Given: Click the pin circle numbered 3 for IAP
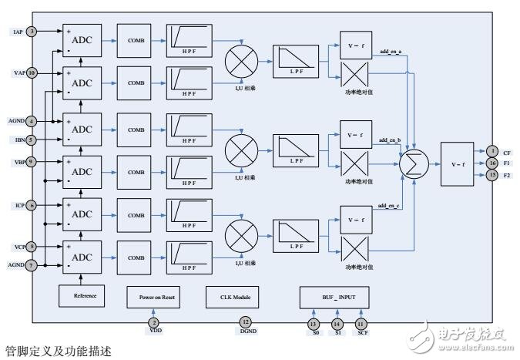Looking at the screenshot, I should [x=32, y=32].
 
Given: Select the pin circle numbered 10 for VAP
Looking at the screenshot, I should [x=32, y=72].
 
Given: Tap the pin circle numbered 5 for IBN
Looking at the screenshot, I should [x=32, y=140].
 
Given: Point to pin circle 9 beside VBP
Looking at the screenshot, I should [x=32, y=162].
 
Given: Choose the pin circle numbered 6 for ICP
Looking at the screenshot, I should [x=32, y=205].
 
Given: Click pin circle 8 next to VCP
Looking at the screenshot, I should [x=32, y=247].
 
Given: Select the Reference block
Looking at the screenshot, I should [x=84, y=295].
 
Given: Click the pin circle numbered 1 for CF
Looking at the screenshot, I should [x=491, y=151].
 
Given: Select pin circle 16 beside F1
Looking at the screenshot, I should [x=491, y=163].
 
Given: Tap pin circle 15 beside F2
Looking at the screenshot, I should [x=491, y=175].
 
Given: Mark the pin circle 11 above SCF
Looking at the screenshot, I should [x=360, y=324].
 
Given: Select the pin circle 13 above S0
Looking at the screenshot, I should [x=314, y=324].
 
